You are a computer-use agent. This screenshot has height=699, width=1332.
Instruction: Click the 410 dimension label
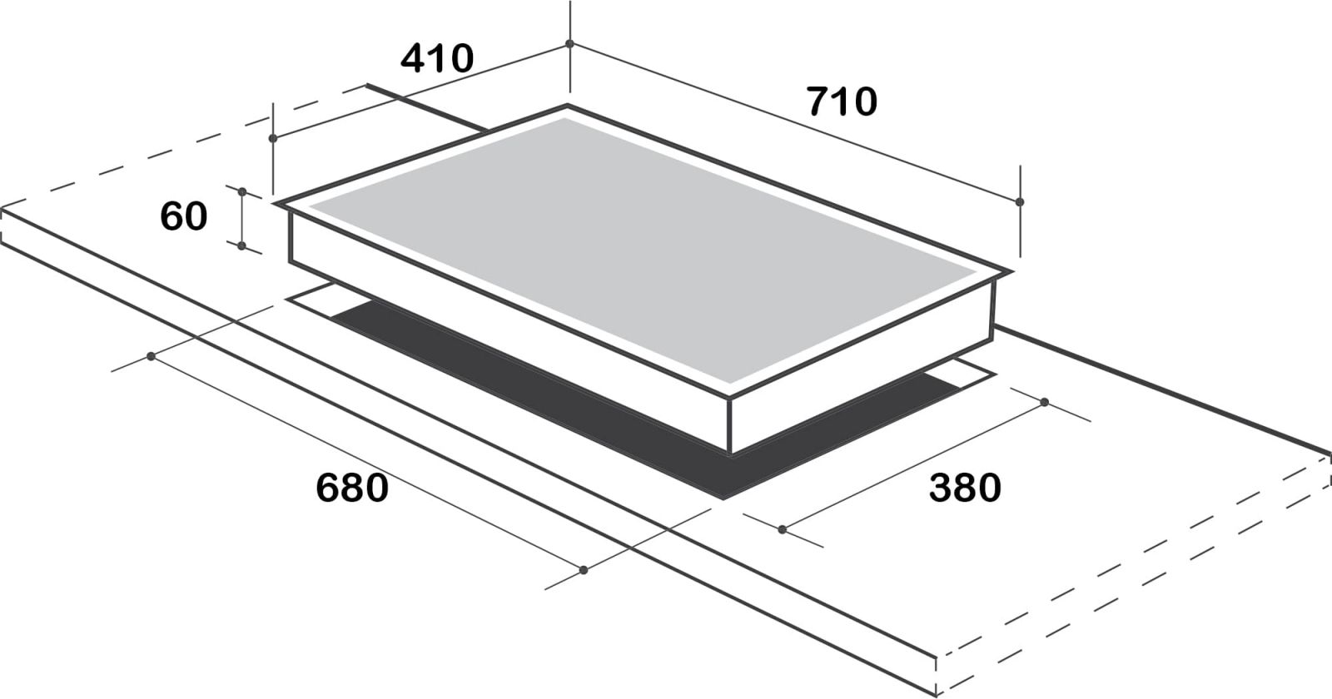point(437,59)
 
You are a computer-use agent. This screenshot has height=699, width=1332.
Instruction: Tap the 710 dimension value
point(842,102)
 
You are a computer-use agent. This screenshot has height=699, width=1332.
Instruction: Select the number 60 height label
point(183,216)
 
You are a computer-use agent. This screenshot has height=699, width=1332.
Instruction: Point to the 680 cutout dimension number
point(352,488)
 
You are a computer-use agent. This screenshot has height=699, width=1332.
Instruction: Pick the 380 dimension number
point(965,488)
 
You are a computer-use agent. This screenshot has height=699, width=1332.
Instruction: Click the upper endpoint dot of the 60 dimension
point(241,191)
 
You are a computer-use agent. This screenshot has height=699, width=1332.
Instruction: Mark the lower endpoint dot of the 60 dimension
point(241,245)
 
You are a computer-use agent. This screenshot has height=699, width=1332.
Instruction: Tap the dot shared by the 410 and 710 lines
point(569,43)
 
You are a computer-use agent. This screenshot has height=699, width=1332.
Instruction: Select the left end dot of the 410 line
point(273,138)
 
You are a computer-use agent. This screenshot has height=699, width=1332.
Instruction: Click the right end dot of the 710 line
point(1020,201)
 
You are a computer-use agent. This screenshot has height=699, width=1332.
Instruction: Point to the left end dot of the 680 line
point(151,356)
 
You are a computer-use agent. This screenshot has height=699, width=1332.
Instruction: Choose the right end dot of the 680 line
point(584,570)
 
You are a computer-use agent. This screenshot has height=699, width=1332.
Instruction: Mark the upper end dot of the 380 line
point(1044,403)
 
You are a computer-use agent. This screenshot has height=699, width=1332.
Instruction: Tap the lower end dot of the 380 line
point(782,528)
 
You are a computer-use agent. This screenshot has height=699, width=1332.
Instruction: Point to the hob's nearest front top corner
point(730,398)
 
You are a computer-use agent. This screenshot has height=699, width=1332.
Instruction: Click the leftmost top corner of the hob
point(277,202)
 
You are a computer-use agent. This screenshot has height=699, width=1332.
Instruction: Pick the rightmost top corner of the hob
point(1012,273)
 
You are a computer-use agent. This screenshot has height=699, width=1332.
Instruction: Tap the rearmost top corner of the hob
point(568,107)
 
